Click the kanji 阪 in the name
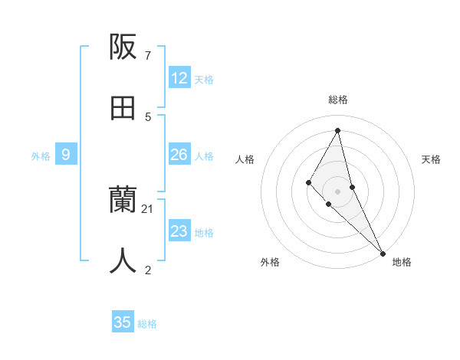click(123, 47)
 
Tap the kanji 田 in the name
click(123, 108)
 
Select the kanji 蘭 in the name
click(123, 200)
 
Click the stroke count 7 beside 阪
click(147, 55)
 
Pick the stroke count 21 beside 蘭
click(148, 208)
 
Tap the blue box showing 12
click(179, 78)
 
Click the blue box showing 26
click(179, 155)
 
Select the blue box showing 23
click(179, 231)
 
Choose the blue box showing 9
click(66, 155)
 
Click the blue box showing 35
click(123, 322)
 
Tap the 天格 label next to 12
click(204, 79)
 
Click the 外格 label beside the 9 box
click(41, 155)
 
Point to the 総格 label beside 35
click(147, 323)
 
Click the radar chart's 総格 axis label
click(338, 100)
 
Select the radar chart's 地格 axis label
click(402, 262)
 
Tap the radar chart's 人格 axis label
click(245, 159)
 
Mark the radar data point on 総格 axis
click(338, 130)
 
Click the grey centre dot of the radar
click(338, 191)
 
